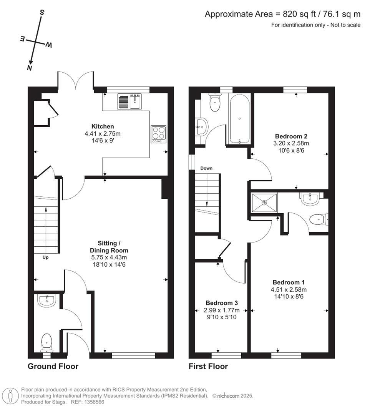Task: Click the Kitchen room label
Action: click(102, 126)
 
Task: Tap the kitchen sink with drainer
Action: click(129, 101)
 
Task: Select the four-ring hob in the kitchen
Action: click(158, 134)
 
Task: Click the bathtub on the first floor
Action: click(239, 118)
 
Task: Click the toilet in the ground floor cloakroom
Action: click(46, 341)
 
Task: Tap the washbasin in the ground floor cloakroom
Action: click(47, 300)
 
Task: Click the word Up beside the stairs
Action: click(45, 257)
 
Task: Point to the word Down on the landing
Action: click(206, 168)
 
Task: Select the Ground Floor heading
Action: click(53, 366)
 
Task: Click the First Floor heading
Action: click(208, 366)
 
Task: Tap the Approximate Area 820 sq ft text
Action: click(282, 15)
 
